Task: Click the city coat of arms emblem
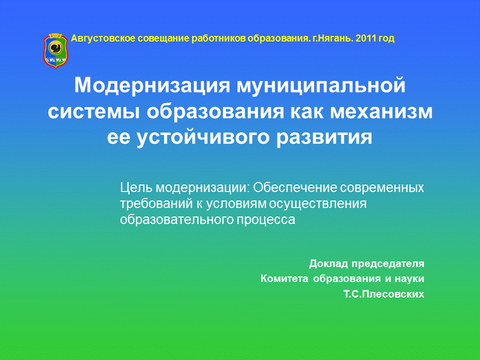(x=55, y=50)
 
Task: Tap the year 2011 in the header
(x=366, y=38)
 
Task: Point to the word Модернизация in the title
(x=152, y=85)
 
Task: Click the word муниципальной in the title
(x=321, y=85)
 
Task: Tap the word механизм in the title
(x=381, y=111)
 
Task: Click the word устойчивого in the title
(x=203, y=137)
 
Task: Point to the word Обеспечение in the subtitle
(x=294, y=187)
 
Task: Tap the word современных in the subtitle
(x=382, y=187)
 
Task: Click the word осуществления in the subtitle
(x=317, y=204)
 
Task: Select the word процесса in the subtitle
(x=265, y=220)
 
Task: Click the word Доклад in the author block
(x=329, y=263)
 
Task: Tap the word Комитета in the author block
(x=284, y=278)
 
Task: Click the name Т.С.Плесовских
(x=384, y=294)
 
